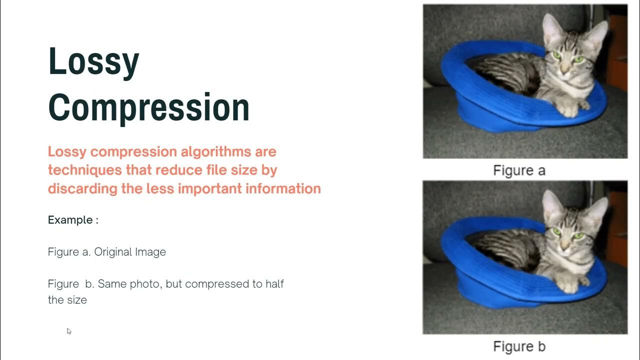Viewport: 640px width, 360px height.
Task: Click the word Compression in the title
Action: [x=148, y=107]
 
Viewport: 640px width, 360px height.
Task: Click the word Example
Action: [x=70, y=220]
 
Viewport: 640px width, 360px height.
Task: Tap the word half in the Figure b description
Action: [x=273, y=284]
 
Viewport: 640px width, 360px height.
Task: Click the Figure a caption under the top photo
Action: [x=519, y=170]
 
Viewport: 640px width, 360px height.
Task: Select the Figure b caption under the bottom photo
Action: [x=519, y=346]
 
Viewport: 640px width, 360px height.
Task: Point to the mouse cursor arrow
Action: [x=68, y=330]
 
